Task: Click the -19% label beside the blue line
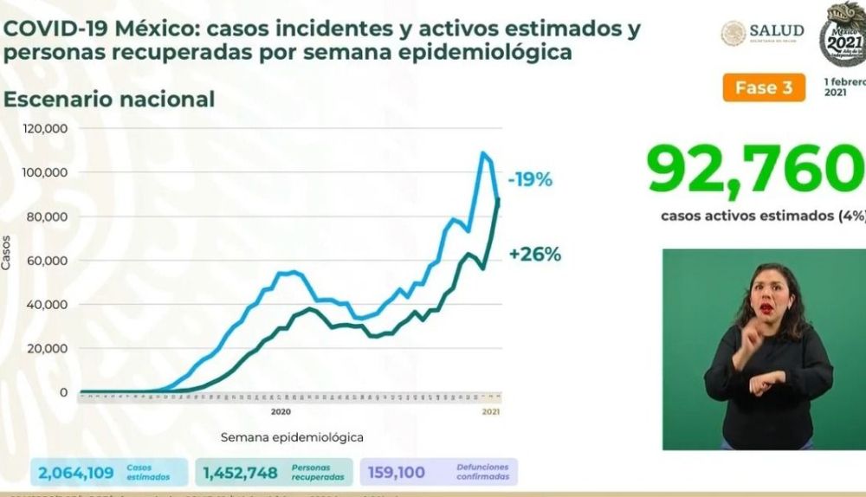tap(531, 180)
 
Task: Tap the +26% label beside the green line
tap(535, 255)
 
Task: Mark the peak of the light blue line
tap(482, 154)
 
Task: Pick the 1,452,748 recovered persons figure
tap(240, 473)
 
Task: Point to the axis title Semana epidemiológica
tap(292, 437)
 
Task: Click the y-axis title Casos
tap(8, 256)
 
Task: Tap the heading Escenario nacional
tap(109, 99)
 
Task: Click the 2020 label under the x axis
tap(281, 410)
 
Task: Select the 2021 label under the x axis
tap(489, 410)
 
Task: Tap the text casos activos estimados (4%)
tap(762, 216)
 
